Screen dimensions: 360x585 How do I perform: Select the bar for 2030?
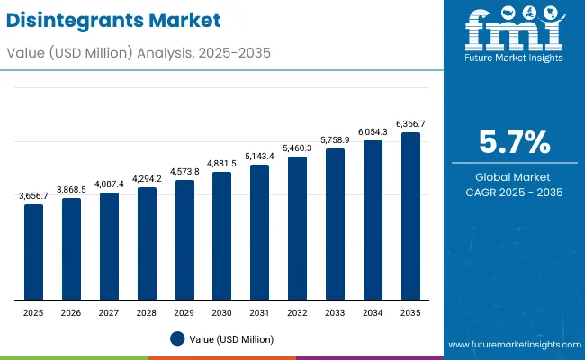point(221,236)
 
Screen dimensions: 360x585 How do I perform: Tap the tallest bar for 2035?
point(410,216)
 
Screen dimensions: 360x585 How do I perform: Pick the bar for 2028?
point(147,244)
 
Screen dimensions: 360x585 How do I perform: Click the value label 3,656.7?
point(33,195)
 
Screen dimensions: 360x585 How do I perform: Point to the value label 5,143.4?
point(259,156)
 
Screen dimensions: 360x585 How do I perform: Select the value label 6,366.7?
point(410,123)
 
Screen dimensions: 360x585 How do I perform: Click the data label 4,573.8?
point(184,171)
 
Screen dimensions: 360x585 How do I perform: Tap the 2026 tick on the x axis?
point(71,311)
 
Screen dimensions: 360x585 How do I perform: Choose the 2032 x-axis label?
point(297,311)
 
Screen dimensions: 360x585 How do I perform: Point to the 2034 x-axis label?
point(373,311)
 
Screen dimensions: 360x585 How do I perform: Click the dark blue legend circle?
point(177,338)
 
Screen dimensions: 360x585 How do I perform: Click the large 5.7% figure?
point(514,142)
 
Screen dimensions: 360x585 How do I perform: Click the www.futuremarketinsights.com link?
point(512,345)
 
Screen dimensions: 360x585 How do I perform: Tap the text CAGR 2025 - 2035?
point(514,193)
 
